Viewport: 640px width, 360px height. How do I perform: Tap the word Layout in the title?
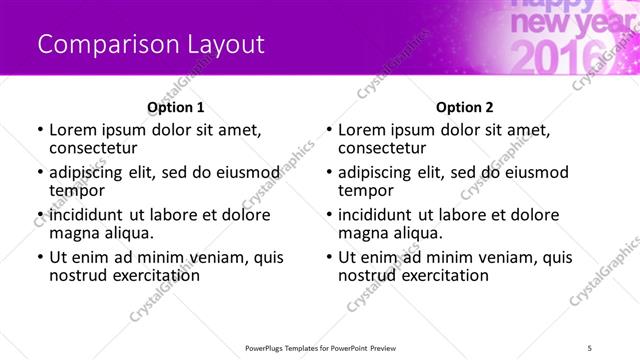226,45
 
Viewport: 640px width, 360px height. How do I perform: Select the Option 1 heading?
176,107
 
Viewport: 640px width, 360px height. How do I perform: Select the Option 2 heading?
465,107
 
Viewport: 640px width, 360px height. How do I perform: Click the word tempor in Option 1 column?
76,190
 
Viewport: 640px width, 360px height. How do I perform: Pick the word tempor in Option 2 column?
365,190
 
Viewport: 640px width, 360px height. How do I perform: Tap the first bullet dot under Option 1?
39,130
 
